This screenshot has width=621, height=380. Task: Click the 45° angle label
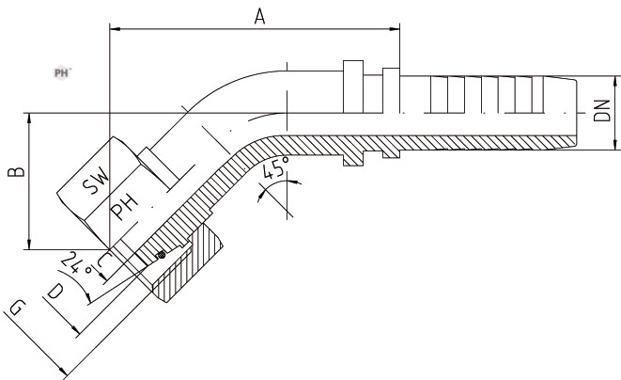(x=275, y=170)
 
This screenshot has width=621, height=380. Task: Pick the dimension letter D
(x=54, y=293)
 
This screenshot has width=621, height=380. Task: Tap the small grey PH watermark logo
(x=63, y=71)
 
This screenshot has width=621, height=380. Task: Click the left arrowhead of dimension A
(x=115, y=31)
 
